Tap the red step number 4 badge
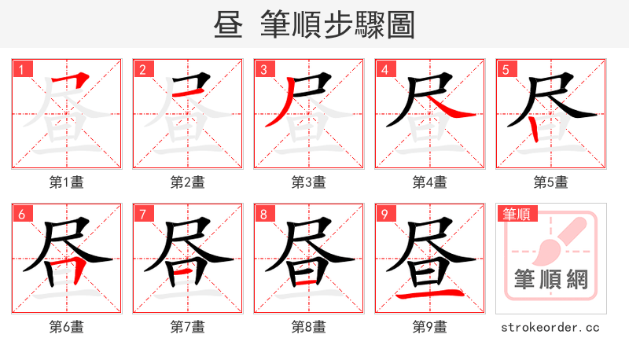[x=385, y=69]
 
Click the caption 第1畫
[x=67, y=182]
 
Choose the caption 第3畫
[x=309, y=182]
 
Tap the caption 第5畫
[x=550, y=182]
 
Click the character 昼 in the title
[x=230, y=25]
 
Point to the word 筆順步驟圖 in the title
[x=338, y=25]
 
